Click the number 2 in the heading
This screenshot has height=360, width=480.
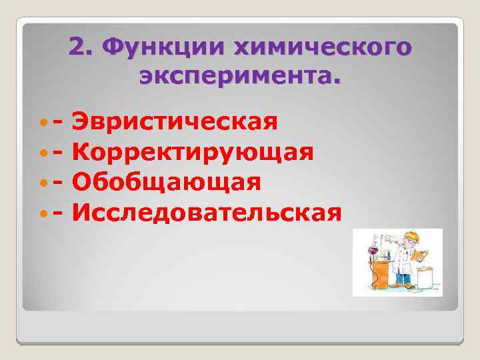(x=78, y=49)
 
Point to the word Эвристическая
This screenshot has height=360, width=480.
(x=175, y=123)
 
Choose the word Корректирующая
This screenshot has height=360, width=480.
(x=194, y=153)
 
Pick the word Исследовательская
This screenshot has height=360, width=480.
(x=208, y=213)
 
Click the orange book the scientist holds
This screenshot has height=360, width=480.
(x=420, y=255)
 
